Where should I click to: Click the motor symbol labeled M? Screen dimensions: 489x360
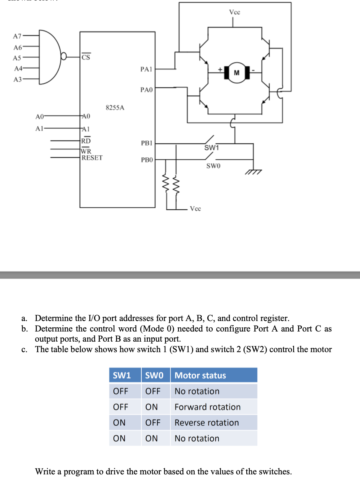pos(237,72)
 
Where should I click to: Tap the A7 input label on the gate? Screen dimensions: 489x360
pos(17,36)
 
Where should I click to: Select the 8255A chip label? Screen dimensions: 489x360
pos(115,108)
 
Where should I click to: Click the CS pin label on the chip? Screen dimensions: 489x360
pos(86,57)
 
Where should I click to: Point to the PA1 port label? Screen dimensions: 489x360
pos(146,69)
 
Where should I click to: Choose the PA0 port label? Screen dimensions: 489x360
pos(146,90)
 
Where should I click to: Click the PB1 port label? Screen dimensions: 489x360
pos(147,143)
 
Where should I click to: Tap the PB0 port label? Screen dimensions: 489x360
pos(147,160)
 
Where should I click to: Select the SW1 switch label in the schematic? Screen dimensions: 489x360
pos(211,148)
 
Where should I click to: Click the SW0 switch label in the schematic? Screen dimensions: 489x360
pos(213,166)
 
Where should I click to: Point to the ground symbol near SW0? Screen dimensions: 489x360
pos(253,171)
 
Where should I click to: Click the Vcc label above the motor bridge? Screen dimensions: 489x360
pos(234,12)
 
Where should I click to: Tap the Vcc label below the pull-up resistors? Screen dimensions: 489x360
pos(195,208)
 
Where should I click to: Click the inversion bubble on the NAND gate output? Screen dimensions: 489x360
pos(64,56)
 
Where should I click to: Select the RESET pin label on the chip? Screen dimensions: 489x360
pos(92,158)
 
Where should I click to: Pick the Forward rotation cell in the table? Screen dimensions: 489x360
pos(207,407)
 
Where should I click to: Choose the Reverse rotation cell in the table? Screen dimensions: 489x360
pos(207,423)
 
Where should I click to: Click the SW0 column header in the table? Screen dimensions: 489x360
pos(154,375)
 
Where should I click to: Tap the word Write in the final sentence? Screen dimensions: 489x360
pos(45,471)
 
